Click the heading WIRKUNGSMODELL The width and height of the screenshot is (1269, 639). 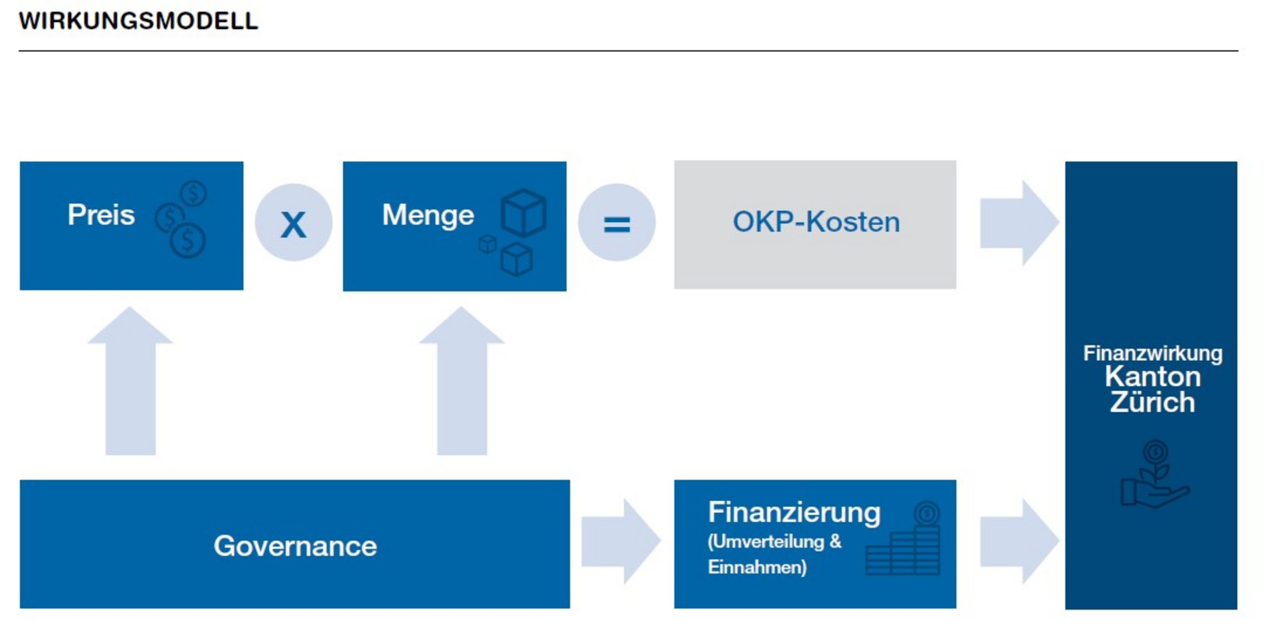(138, 21)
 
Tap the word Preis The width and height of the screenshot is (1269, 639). (101, 215)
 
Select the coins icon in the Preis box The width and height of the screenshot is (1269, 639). (181, 219)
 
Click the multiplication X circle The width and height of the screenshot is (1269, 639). (293, 222)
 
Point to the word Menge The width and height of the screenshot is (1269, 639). (428, 216)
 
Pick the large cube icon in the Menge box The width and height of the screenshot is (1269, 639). (523, 213)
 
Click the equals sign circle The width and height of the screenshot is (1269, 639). (617, 222)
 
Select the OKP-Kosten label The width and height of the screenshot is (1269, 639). (816, 222)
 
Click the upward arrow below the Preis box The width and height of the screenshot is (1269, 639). (130, 380)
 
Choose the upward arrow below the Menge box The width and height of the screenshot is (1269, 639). (462, 380)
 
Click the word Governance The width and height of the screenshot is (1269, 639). (295, 546)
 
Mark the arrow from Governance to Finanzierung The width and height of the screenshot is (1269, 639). (621, 541)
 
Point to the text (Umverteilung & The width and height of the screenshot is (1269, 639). (775, 541)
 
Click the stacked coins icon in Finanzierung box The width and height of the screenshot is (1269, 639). (903, 538)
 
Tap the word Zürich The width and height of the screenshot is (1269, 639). (1153, 402)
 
